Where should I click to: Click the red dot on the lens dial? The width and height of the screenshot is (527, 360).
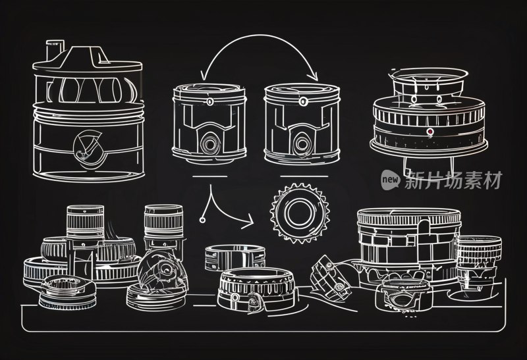tap(430, 132)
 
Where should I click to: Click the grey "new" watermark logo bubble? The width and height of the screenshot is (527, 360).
tap(391, 180)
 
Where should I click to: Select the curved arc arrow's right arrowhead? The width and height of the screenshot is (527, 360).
tap(314, 76)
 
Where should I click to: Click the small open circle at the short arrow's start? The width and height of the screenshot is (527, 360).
tap(202, 220)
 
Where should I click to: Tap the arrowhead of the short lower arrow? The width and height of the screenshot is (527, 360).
tap(248, 222)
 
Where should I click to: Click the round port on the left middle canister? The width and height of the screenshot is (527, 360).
tap(209, 144)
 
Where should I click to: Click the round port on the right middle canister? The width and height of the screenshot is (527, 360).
tap(302, 144)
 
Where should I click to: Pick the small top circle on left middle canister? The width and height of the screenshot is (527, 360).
tap(210, 101)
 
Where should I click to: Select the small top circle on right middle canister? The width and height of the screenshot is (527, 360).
tap(304, 101)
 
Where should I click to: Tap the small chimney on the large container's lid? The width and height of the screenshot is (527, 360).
tap(55, 51)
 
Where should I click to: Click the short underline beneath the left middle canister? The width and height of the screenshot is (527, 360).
tap(209, 176)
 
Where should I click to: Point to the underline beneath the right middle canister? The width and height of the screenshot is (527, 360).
tap(304, 176)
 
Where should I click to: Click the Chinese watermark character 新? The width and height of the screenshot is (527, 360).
tap(414, 180)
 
